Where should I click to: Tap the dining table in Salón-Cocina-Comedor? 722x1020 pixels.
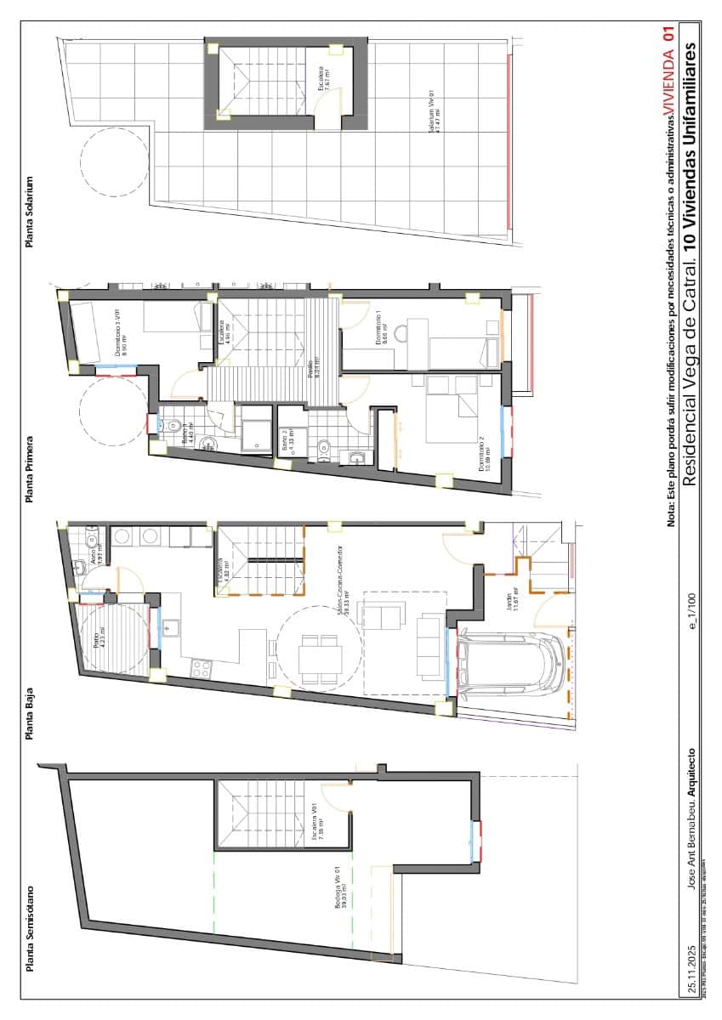click(x=321, y=659)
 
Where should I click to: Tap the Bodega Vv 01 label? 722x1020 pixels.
click(x=342, y=892)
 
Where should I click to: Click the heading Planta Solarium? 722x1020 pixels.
click(x=31, y=212)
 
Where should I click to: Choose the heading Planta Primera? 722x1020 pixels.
click(x=31, y=470)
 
